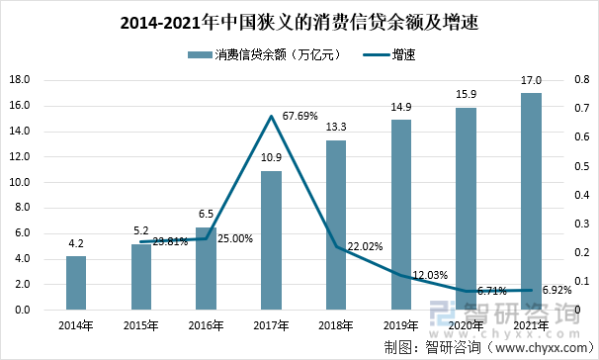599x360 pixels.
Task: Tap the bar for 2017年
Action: point(271,240)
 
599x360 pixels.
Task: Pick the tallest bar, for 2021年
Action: point(531,202)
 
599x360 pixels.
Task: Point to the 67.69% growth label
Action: point(299,116)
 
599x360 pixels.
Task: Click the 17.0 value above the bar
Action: point(531,81)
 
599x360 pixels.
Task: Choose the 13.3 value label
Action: point(336,128)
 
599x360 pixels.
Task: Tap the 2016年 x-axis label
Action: point(207,325)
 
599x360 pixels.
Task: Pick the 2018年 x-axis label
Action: point(336,325)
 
